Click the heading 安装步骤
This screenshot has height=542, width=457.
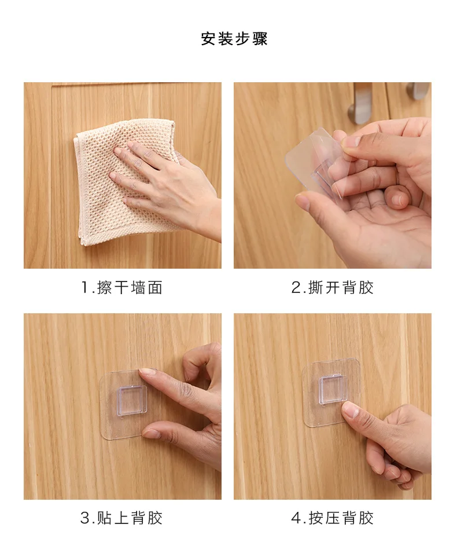coord(234,38)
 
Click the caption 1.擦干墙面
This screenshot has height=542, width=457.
coord(122,287)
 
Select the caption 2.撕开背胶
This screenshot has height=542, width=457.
coord(332,287)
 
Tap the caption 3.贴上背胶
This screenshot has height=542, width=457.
coord(121,518)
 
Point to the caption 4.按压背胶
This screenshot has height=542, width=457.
coord(332,518)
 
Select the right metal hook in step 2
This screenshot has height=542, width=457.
coord(418,90)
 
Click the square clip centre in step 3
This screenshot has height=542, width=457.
coord(132,400)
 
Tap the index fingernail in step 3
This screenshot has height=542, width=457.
coord(147,371)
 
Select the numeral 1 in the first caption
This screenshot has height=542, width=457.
coord(85,288)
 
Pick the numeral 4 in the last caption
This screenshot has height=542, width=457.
coord(296,518)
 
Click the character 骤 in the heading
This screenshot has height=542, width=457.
coord(260,38)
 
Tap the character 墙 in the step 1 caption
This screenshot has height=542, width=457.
coord(138,287)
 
